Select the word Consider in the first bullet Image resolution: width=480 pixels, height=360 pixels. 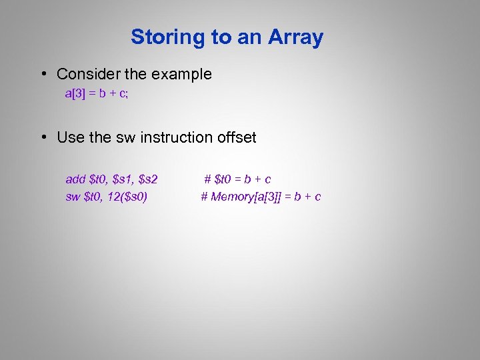89,74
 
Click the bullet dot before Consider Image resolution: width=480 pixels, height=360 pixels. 42,75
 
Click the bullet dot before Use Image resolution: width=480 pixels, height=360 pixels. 42,138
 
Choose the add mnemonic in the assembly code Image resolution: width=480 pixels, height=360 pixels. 75,179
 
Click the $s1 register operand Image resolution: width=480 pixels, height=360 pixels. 123,179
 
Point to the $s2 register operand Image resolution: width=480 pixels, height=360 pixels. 147,179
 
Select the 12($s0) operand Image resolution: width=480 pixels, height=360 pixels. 126,197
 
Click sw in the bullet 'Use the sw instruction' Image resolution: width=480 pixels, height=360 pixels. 125,137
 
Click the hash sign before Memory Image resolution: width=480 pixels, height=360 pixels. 204,197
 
